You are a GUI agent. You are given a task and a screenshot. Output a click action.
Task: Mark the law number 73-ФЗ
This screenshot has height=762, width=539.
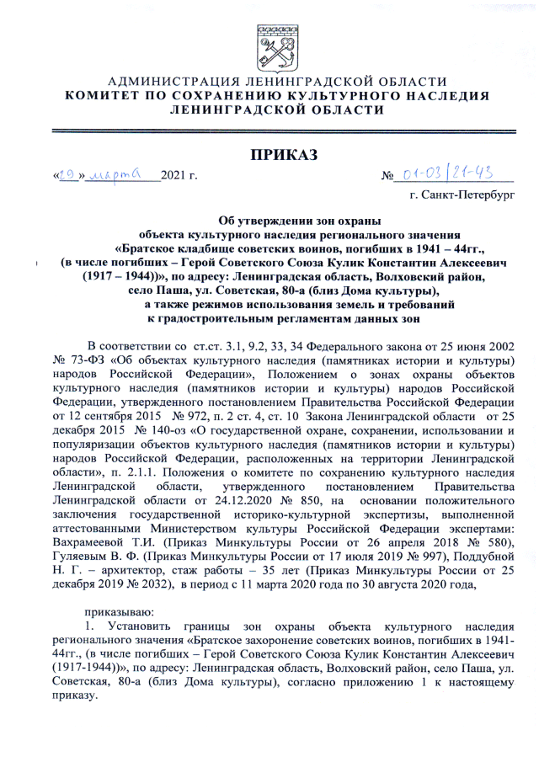point(89,360)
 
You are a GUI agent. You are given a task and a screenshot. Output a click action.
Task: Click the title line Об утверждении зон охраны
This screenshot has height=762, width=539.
point(299,219)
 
